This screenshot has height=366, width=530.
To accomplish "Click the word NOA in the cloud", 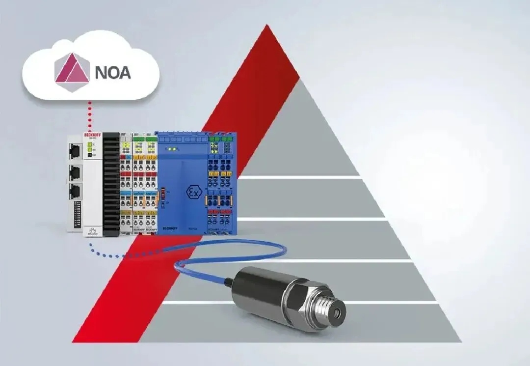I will pyautogui.click(x=113, y=72).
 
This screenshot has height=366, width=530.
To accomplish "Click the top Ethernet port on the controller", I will pyautogui.click(x=75, y=150).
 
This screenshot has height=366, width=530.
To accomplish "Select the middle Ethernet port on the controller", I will pyautogui.click(x=75, y=172).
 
